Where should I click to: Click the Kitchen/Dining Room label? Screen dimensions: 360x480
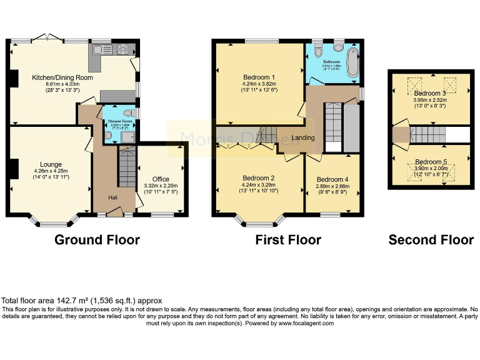coord(62,77)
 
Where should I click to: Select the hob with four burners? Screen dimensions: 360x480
coord(121,49)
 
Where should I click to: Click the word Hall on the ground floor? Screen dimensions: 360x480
coord(113,197)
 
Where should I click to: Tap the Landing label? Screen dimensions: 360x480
coord(303,137)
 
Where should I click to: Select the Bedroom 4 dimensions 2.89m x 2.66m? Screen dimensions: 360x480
coord(332,186)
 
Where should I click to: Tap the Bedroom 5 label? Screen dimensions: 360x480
coord(431,161)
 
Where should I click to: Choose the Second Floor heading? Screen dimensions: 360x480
coord(431,239)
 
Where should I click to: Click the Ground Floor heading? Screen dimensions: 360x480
coord(97,239)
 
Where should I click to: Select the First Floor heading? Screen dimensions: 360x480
coord(288,239)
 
